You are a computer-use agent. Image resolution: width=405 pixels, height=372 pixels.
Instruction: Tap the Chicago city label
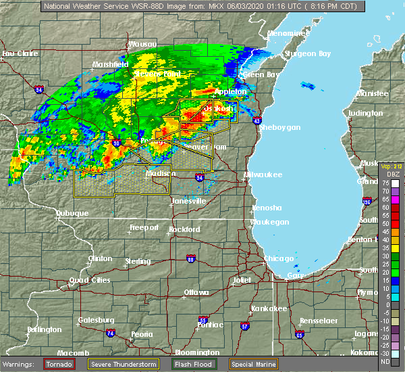(x=279, y=258)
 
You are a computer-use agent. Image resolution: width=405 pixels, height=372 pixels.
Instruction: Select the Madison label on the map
(x=162, y=173)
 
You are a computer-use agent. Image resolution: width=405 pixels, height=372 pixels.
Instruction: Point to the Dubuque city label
(x=72, y=213)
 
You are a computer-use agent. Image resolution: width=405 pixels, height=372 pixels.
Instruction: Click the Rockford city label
(x=184, y=230)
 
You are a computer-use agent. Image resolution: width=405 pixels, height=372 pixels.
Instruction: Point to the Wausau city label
(x=142, y=44)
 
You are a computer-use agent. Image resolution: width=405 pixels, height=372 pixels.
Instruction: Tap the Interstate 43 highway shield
(x=257, y=120)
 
